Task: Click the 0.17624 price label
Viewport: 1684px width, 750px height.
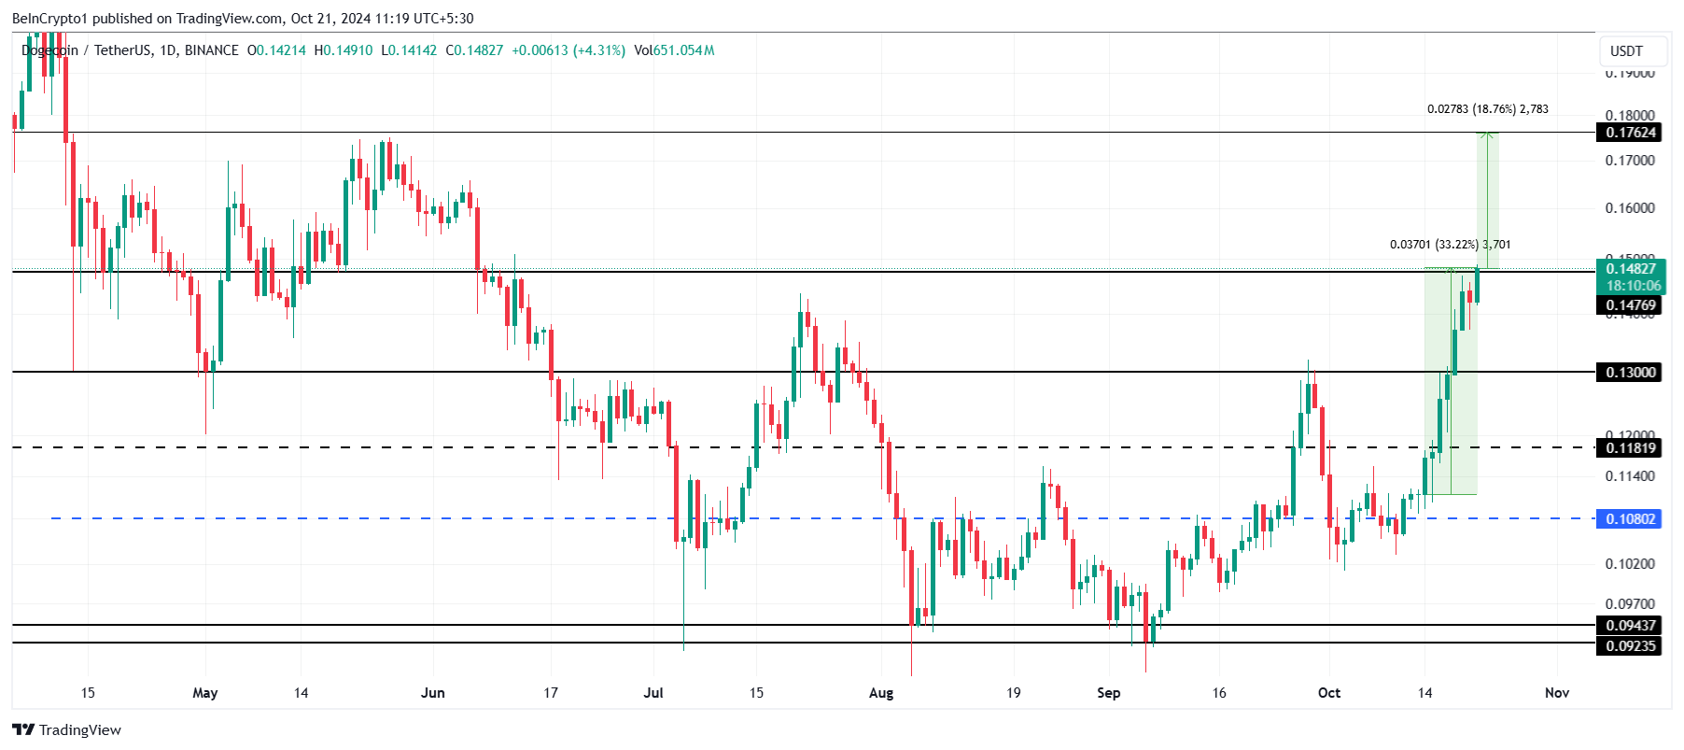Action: [1630, 133]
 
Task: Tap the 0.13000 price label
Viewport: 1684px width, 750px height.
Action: [1630, 373]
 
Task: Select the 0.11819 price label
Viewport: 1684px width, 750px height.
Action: [1630, 448]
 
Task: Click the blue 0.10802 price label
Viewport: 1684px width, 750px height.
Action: [1630, 519]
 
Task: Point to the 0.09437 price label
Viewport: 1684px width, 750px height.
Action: [1630, 626]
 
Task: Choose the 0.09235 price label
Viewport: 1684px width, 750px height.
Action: [1630, 645]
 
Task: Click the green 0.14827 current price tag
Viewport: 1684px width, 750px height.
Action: [1630, 269]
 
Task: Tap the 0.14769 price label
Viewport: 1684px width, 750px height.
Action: [1630, 305]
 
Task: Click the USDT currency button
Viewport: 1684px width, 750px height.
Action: [1626, 51]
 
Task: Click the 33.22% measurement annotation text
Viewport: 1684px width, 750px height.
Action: [1450, 245]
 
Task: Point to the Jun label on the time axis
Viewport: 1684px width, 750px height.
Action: [433, 693]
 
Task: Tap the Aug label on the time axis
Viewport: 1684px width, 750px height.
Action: [881, 693]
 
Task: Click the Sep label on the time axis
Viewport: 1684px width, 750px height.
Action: [1108, 693]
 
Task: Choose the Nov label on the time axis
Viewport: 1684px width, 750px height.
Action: [1556, 693]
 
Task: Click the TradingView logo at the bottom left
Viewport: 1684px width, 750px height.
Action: [66, 730]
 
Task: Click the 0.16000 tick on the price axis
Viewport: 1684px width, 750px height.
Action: [1630, 208]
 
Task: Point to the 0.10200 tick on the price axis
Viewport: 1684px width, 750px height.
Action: [1630, 564]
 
